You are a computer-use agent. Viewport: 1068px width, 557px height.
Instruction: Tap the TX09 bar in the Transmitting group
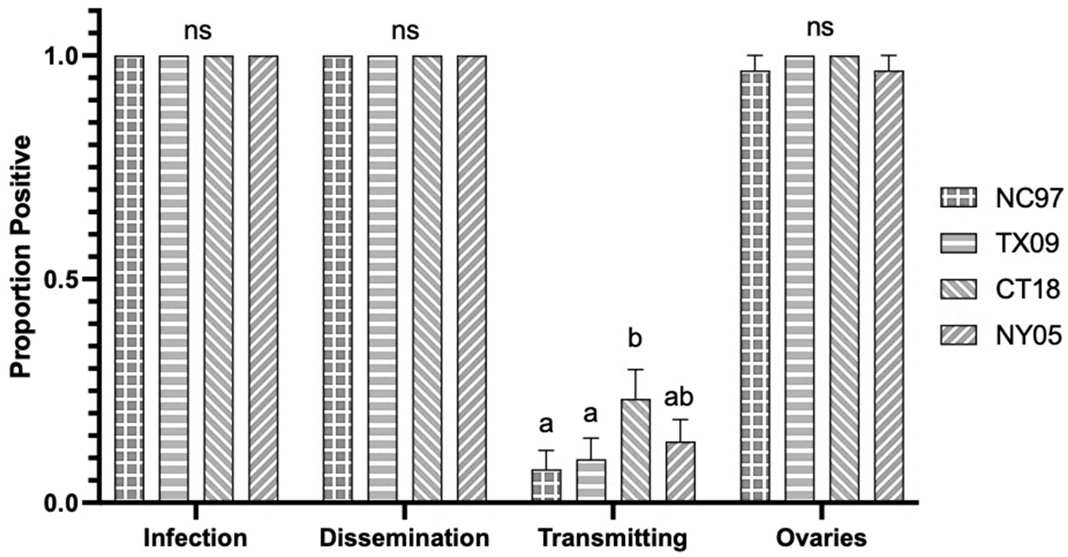click(591, 481)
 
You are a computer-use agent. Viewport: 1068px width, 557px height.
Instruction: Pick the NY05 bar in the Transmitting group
click(680, 472)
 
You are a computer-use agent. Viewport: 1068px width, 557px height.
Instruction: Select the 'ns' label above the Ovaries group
click(821, 28)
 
